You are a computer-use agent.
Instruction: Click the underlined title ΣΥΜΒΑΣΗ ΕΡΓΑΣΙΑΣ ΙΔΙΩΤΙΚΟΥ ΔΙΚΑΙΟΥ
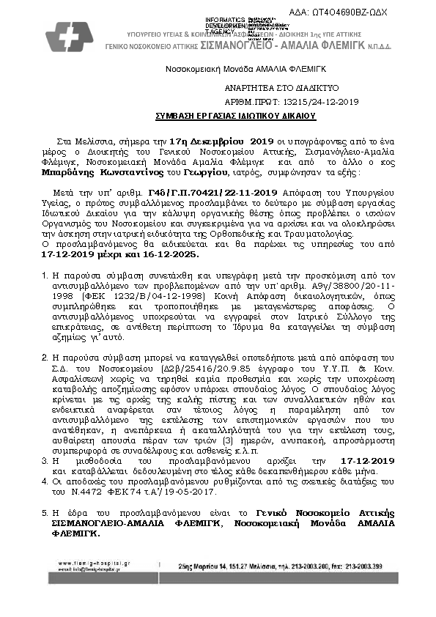[234, 116]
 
